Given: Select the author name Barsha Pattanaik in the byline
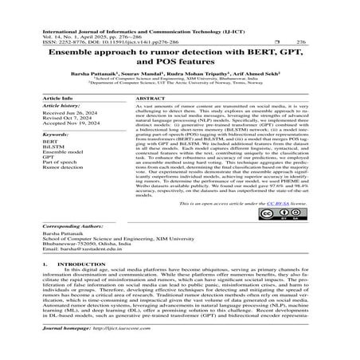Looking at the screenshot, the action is coord(98,73).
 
